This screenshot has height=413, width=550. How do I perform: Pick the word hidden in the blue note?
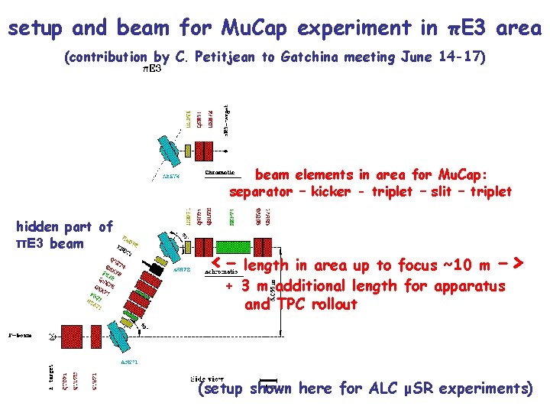(x=37, y=226)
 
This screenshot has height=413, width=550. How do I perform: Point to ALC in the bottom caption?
(x=379, y=389)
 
